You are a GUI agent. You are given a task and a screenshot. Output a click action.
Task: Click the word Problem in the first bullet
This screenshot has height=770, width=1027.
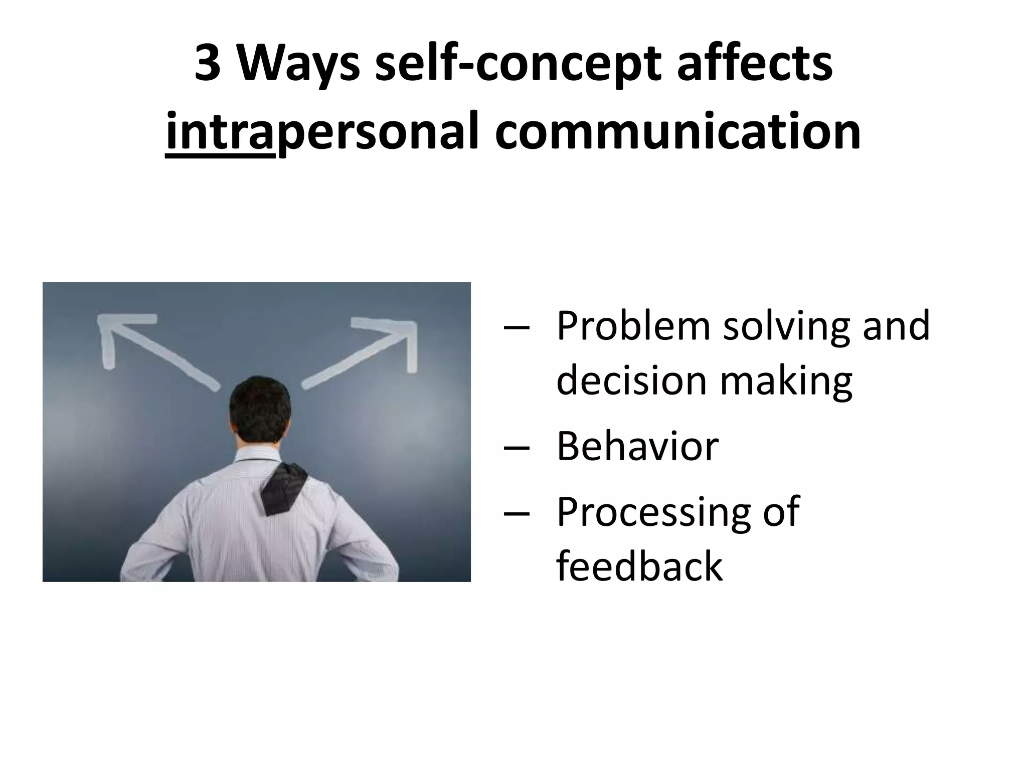click(x=633, y=327)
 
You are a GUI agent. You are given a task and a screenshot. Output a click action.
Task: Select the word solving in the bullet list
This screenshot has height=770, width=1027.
click(x=786, y=327)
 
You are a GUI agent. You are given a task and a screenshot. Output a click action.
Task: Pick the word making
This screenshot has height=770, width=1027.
click(x=786, y=381)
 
